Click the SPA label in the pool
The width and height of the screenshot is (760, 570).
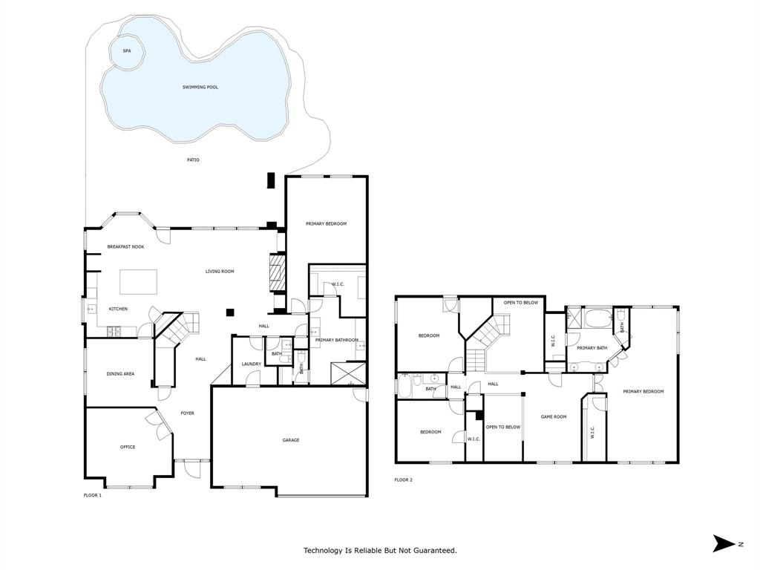(126, 50)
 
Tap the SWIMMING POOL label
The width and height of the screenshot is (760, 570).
(200, 88)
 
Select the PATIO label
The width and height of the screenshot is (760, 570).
(193, 160)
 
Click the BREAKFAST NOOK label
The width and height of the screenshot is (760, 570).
(125, 246)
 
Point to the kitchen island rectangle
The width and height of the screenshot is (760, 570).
(139, 282)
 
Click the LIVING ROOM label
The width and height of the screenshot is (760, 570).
(220, 272)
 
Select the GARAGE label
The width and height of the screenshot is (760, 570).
(290, 440)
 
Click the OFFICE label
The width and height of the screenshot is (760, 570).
(128, 447)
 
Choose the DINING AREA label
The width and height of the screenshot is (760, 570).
(120, 374)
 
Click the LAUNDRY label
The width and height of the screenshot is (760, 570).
(250, 364)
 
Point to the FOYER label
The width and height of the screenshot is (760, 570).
(188, 413)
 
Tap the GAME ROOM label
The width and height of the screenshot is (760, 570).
(553, 417)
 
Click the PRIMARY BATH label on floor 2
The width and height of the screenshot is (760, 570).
(592, 348)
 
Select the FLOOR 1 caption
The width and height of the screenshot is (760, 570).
(92, 495)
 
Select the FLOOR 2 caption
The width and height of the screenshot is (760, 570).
(403, 480)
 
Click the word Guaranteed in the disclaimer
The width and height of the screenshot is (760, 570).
(434, 551)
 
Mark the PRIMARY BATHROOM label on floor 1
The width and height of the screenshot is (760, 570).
(336, 341)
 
